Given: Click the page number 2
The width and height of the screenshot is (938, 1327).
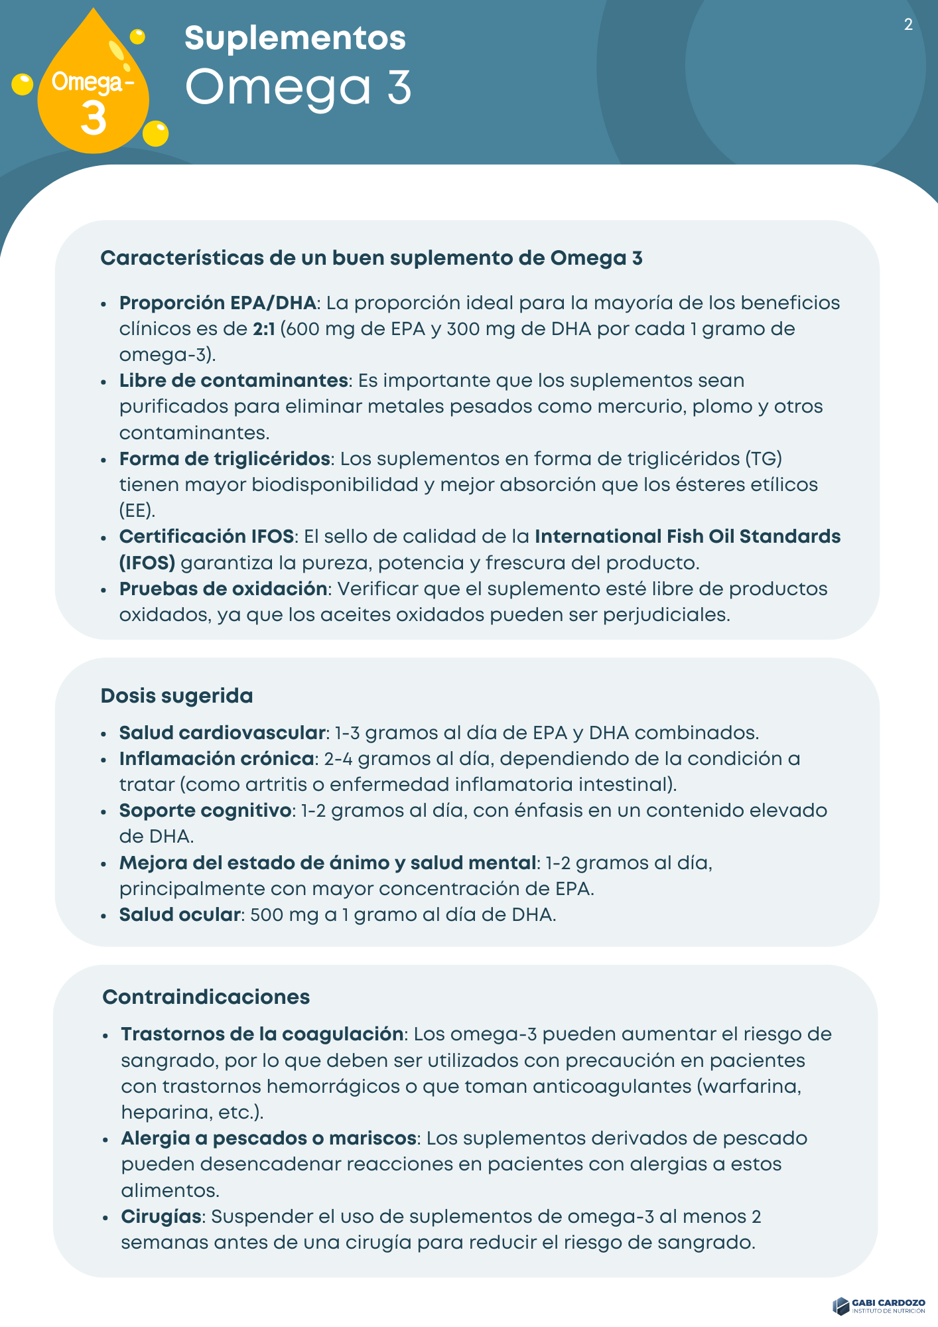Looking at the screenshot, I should (908, 25).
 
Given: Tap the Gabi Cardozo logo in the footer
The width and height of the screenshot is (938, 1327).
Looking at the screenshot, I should (879, 1306).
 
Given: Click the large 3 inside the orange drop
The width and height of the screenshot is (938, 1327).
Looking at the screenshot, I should (93, 119).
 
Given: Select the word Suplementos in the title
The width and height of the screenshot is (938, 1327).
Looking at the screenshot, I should (295, 38).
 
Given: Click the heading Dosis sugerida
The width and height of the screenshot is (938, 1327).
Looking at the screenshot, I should (176, 696).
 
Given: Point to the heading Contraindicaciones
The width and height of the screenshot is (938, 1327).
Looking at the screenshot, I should (206, 997).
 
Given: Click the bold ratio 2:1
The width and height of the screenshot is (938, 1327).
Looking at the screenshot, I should (263, 329).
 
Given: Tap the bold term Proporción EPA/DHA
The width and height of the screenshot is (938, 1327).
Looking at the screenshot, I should (217, 303).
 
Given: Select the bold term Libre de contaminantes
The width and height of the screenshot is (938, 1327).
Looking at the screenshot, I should (234, 381).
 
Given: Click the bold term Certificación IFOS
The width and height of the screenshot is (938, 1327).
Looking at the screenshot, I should (206, 537).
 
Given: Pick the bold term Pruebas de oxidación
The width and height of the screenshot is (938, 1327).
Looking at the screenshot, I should (223, 589).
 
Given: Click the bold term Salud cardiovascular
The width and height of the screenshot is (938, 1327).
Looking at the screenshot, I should (222, 733).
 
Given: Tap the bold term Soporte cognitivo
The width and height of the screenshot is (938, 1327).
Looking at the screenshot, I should (205, 811).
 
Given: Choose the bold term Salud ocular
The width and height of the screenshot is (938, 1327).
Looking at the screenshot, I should (179, 915).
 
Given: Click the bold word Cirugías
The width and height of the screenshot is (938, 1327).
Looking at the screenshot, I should (161, 1217).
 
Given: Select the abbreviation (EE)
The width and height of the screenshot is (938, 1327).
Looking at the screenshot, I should (137, 511).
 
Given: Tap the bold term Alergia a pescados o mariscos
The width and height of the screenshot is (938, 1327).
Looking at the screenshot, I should (269, 1139).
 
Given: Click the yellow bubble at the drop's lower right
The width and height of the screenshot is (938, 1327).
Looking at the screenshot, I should (156, 133).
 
